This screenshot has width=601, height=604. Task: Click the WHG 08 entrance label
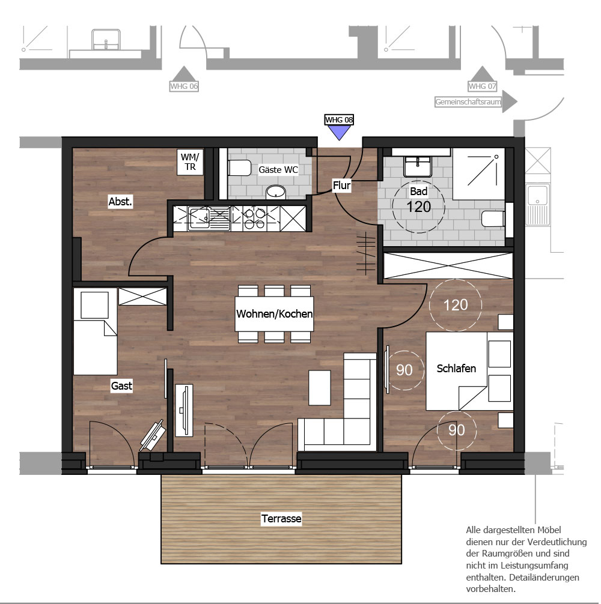coord(339,120)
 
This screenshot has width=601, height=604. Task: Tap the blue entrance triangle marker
coord(339,132)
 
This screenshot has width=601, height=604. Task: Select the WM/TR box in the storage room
coord(190,162)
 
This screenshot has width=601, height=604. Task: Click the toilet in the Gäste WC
coord(239,168)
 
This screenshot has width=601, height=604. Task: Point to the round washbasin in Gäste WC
coord(276,192)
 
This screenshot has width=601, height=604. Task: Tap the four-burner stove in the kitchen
coord(254,219)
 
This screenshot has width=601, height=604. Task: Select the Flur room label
coord(341,186)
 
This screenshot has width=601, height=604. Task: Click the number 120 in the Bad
coord(419,207)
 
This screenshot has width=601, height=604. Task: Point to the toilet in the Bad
coord(493,219)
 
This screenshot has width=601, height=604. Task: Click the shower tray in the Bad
coord(479,174)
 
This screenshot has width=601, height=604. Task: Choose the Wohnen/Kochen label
coord(274,313)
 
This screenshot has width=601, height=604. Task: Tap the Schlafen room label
coord(456,368)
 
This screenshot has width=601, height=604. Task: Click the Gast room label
coord(121,385)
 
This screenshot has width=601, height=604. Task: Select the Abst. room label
coord(120,201)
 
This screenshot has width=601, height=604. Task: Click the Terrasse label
coord(281,519)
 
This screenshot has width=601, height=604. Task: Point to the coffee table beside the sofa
coord(320,387)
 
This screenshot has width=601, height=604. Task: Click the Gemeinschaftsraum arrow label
coord(476,101)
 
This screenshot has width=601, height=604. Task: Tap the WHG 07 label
coord(482,86)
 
